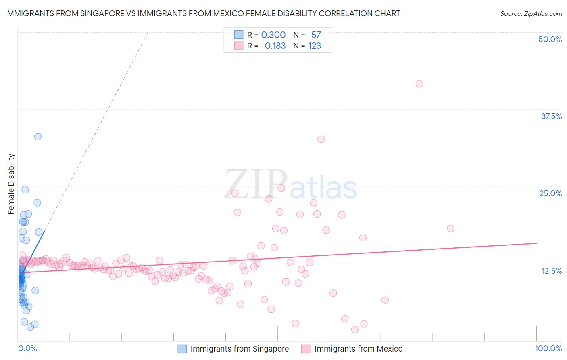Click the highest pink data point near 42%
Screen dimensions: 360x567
419,84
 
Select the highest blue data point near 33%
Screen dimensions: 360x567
38,137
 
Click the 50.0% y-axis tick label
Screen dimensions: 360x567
550,39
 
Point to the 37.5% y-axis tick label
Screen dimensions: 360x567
551,116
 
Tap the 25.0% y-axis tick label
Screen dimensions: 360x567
550,193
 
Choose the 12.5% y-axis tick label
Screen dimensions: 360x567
551,271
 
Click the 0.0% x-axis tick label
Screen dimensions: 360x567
27,348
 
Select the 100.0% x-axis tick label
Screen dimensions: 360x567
548,348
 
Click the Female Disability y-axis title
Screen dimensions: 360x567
11,184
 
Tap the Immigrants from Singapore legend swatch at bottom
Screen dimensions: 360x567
182,349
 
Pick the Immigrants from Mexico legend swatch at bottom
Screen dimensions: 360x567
306,349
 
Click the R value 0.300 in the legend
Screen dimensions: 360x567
273,35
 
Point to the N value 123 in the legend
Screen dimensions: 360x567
315,46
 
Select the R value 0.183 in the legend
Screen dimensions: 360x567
275,46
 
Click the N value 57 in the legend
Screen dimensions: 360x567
316,35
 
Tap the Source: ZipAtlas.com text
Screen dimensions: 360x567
531,14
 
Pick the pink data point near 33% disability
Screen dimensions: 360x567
321,139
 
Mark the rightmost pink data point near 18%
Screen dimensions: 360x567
451,228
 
